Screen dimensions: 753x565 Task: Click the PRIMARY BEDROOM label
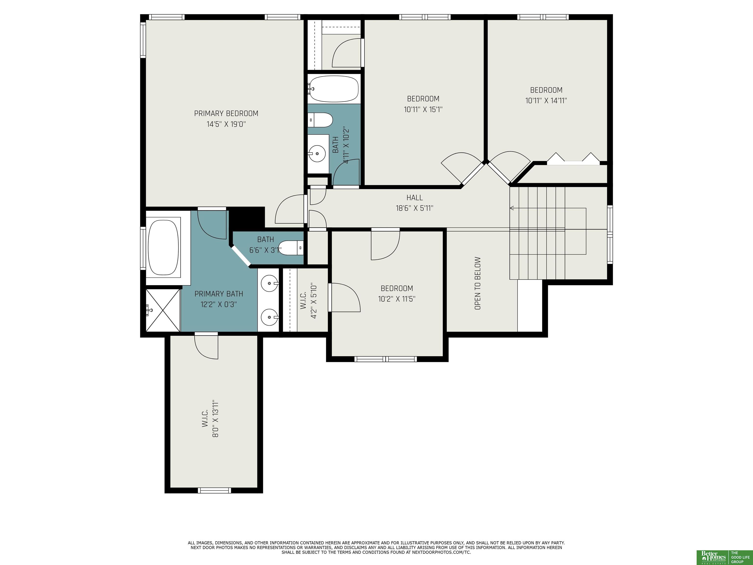click(226, 113)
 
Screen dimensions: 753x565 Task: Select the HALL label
click(415, 197)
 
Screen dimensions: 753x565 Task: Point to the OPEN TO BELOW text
click(477, 283)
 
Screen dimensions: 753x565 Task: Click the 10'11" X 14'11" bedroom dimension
click(546, 101)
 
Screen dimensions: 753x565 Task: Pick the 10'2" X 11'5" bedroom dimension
click(397, 299)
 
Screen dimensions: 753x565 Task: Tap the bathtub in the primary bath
click(164, 247)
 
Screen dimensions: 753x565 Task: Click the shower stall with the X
click(163, 310)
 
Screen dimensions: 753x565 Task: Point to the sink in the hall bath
click(317, 154)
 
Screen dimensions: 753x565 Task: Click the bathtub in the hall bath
click(334, 89)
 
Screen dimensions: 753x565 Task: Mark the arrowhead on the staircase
click(512, 208)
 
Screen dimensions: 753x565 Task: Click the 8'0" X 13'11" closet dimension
click(215, 419)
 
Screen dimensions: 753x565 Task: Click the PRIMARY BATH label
click(219, 294)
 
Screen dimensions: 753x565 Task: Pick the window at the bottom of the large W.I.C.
click(214, 490)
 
